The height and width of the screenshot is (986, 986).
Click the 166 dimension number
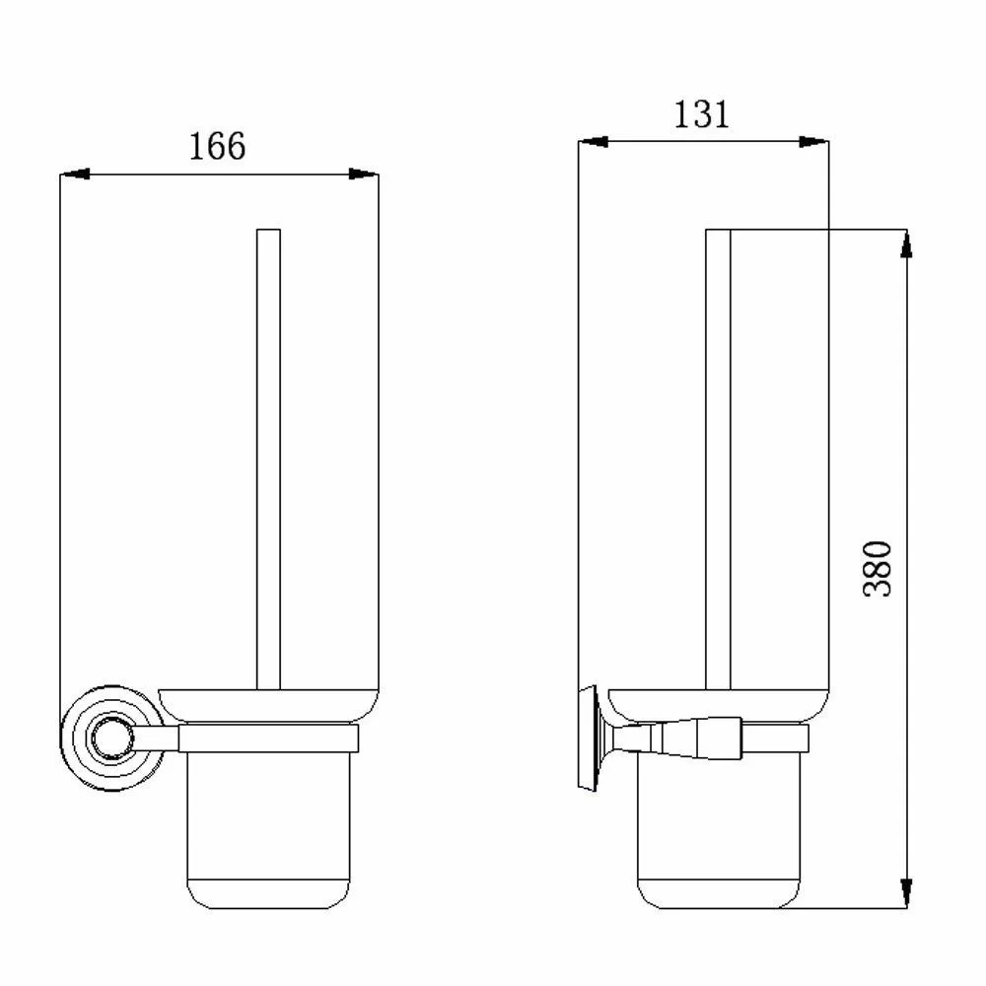(x=217, y=147)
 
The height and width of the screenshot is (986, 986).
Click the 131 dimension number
(x=701, y=115)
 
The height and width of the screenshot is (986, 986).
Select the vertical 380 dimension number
(x=878, y=569)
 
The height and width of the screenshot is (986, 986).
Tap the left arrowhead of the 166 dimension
(x=74, y=174)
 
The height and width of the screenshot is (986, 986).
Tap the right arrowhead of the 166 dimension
(x=364, y=174)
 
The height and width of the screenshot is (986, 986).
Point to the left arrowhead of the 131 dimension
(x=593, y=141)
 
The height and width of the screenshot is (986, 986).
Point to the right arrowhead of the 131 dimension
(x=813, y=141)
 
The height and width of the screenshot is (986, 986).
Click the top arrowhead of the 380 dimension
(x=906, y=244)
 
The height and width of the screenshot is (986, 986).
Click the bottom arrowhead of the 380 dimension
(x=906, y=893)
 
